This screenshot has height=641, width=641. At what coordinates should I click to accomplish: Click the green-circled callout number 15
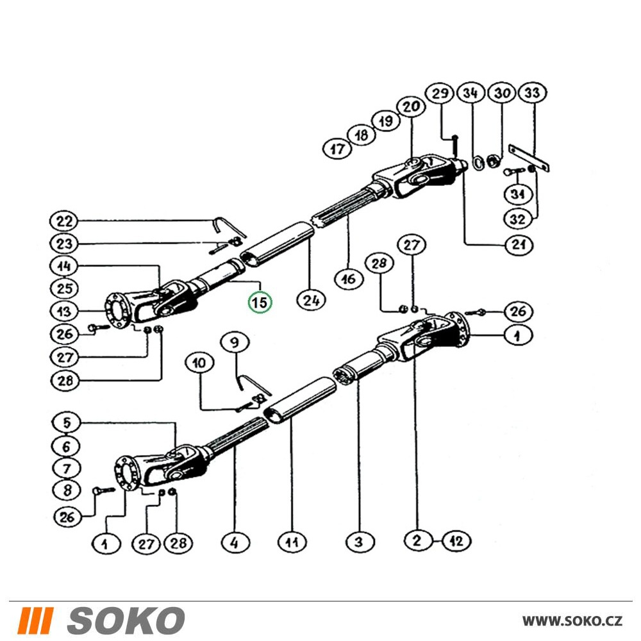point(260,303)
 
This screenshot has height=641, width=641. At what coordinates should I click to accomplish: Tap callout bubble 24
point(311,301)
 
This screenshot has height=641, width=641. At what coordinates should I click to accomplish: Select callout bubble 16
point(349,279)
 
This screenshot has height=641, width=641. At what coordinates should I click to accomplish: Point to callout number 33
point(532,93)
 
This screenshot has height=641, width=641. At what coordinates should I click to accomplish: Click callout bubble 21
point(519,244)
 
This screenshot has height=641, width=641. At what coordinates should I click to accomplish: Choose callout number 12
point(456,541)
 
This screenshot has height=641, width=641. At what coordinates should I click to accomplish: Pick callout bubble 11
point(292,542)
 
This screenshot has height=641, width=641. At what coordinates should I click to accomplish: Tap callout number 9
point(235,342)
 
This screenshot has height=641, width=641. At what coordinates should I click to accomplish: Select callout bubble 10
point(199,363)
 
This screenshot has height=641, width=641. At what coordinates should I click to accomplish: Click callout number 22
point(64,222)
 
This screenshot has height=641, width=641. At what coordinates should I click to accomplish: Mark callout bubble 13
point(64,312)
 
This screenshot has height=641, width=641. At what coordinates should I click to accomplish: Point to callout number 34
point(470,94)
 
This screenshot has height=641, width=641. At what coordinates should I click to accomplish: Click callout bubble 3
point(358,542)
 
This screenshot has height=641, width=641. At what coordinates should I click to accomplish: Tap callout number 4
point(235,543)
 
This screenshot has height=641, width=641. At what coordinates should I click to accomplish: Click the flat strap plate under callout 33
point(529,158)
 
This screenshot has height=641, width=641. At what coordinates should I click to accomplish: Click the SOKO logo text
point(126,620)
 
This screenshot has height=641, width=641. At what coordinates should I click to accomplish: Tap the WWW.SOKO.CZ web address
point(572,621)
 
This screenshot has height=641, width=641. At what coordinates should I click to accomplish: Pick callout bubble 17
point(338,149)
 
